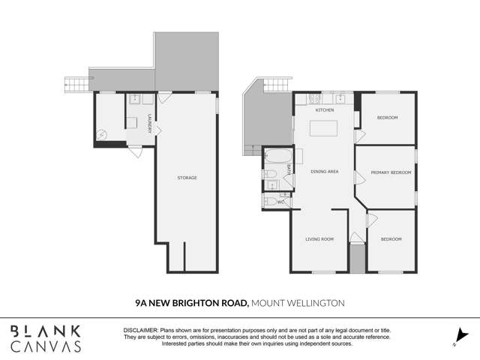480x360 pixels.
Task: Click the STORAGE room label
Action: [x=187, y=178]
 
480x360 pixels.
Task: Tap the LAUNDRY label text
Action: [x=150, y=124]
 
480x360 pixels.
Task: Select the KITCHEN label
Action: [x=324, y=110]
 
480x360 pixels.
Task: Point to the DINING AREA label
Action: [x=325, y=172]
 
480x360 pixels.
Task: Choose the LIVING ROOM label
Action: [x=319, y=239]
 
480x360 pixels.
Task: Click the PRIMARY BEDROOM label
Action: [x=391, y=172]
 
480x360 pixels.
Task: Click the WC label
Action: [x=280, y=202]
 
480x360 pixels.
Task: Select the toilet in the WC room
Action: [x=270, y=201]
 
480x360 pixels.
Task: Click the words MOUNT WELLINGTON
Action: [x=298, y=302]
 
